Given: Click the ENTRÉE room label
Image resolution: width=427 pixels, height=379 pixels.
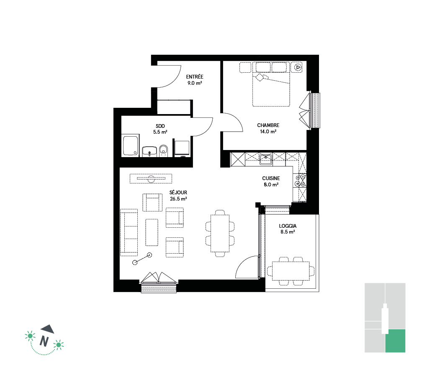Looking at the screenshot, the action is pyautogui.click(x=194, y=77).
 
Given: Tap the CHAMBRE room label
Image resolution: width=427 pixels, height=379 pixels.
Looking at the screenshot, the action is pyautogui.click(x=268, y=125).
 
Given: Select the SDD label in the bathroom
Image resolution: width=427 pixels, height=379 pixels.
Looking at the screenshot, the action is pyautogui.click(x=160, y=126).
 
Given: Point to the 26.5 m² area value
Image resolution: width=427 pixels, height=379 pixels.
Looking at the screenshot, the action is pyautogui.click(x=178, y=199).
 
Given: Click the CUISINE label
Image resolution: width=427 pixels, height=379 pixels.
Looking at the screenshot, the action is pyautogui.click(x=271, y=178).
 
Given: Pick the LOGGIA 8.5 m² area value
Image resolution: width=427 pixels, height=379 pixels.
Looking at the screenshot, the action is pyautogui.click(x=288, y=232).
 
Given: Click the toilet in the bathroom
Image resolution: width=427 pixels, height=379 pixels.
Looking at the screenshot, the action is pyautogui.click(x=163, y=151).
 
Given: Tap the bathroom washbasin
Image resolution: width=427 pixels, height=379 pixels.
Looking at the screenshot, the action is pyautogui.click(x=149, y=152).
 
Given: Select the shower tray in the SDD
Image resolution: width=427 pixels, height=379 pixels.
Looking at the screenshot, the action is pyautogui.click(x=131, y=145).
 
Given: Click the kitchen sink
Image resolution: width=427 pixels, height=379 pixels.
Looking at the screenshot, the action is pyautogui.click(x=265, y=159).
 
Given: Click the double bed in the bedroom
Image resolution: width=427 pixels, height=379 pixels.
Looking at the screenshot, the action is pyautogui.click(x=271, y=84).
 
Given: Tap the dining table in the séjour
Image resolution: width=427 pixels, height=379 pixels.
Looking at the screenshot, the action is pyautogui.click(x=220, y=233).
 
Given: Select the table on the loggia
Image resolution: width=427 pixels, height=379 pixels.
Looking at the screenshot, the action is pyautogui.click(x=291, y=271).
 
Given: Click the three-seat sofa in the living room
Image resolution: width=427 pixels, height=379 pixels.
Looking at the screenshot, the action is pyautogui.click(x=129, y=232).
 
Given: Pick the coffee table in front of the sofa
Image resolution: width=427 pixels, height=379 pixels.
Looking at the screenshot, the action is pyautogui.click(x=152, y=232).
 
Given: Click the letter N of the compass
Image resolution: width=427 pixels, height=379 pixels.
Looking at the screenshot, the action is pyautogui.click(x=44, y=341).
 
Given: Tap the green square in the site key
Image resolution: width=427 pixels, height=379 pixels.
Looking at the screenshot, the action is pyautogui.click(x=395, y=341).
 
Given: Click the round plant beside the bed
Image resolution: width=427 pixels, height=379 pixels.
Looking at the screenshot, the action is pyautogui.click(x=298, y=67).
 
